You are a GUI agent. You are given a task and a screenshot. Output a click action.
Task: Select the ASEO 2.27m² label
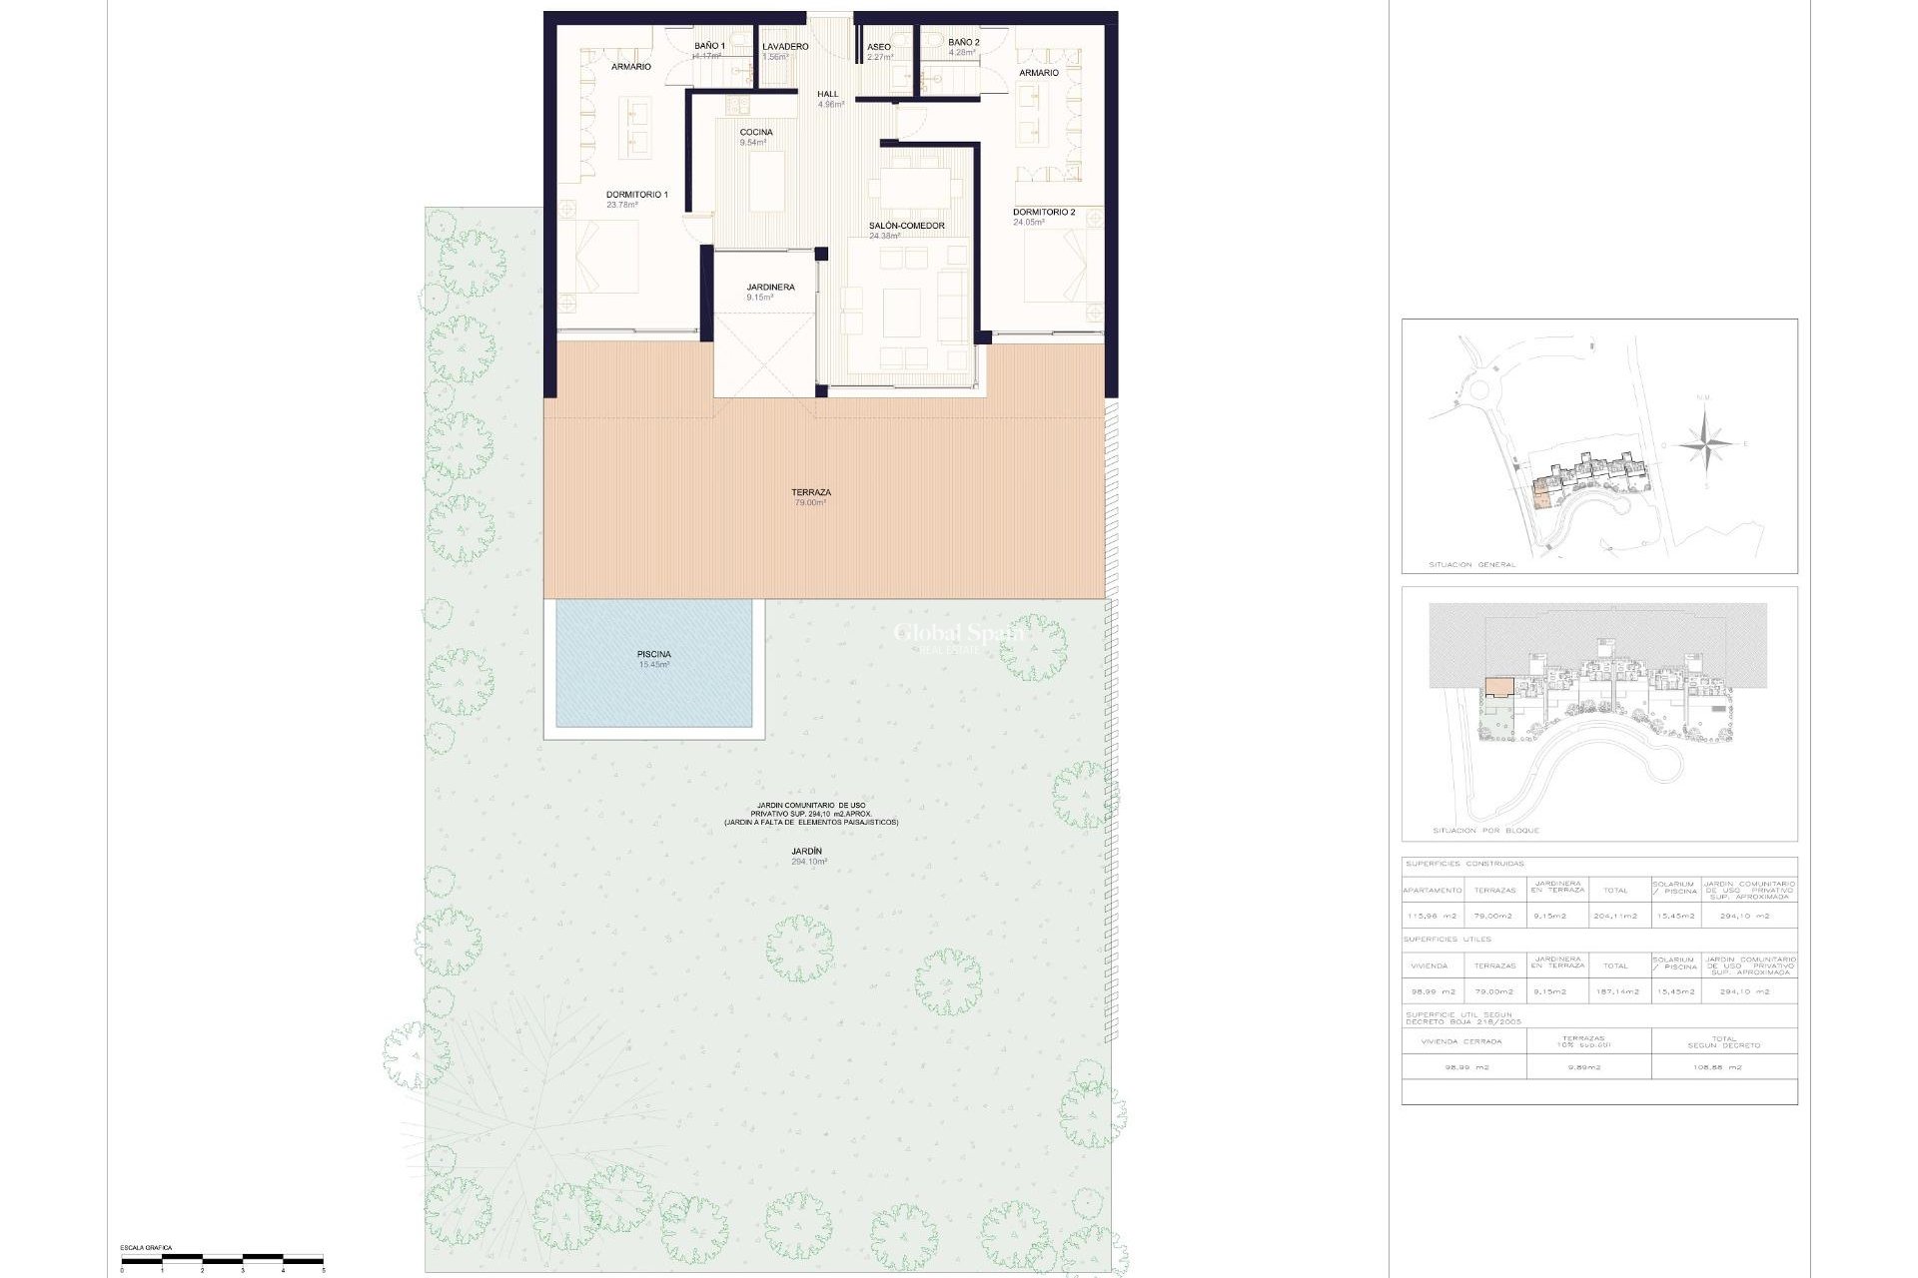coord(879,52)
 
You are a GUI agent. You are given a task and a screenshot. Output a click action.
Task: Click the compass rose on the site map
coord(1705,442)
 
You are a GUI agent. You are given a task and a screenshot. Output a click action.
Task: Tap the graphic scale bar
coord(222,1259)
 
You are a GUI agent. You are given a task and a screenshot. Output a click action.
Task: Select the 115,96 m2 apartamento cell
coord(1432,916)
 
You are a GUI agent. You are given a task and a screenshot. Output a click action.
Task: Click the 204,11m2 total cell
coord(1615,916)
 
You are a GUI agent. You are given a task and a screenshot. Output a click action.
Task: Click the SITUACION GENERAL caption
coord(1471,565)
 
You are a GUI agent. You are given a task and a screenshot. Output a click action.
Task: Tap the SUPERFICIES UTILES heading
coord(1447,940)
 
